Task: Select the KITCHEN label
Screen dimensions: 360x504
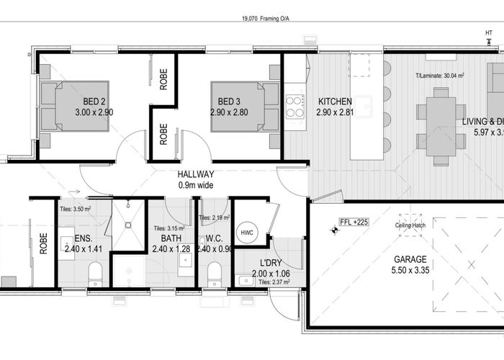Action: [x=335, y=102]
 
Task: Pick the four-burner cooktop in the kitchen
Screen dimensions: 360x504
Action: [x=295, y=107]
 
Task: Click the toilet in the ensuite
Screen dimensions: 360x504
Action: [x=94, y=272]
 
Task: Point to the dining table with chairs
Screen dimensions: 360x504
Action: [x=440, y=122]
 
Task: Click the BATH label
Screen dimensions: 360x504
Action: [x=171, y=239]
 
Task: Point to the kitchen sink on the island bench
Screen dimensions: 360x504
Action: [x=366, y=102]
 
